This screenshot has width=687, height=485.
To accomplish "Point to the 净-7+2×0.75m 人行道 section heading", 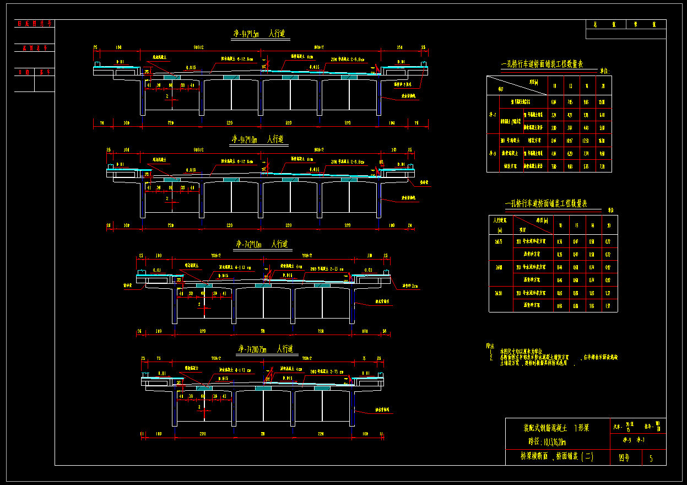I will point(266,349).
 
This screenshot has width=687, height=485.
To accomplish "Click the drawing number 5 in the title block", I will point(651,458).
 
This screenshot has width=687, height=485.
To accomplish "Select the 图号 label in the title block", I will point(624,458).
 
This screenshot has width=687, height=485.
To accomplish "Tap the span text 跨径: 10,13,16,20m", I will point(547,441).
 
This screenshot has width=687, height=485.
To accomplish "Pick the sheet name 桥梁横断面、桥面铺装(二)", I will point(556,457).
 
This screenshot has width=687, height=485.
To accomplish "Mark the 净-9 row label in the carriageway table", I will point(493,153).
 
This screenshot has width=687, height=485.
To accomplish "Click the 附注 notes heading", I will point(490,346).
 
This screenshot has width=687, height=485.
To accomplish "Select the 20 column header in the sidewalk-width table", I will point(608,225).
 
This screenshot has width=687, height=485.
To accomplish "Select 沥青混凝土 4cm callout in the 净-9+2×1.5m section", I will point(302,57).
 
